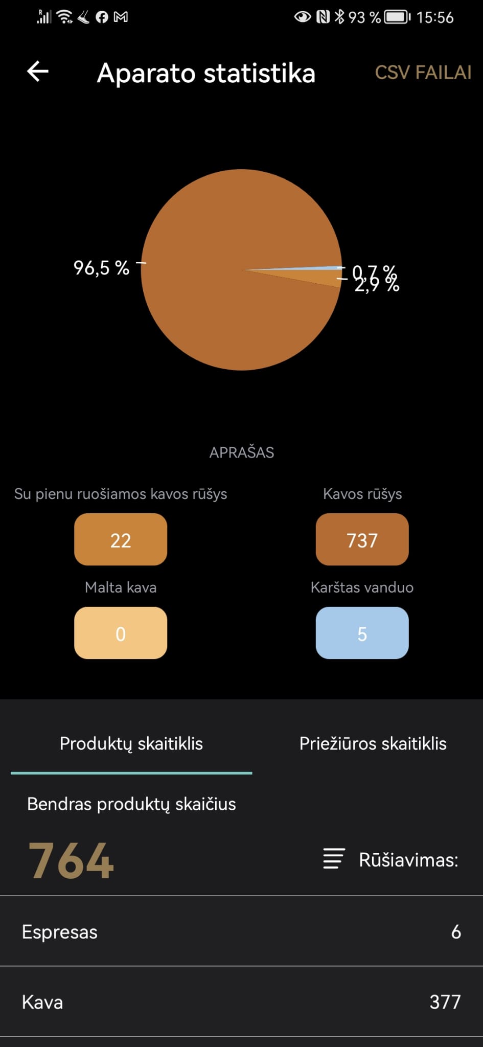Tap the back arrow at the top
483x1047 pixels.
(x=38, y=72)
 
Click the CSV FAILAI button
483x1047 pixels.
(x=423, y=73)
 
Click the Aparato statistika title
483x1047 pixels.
(x=206, y=73)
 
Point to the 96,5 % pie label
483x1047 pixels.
(x=101, y=268)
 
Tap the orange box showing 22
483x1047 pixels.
(x=121, y=540)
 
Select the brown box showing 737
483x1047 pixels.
(x=362, y=540)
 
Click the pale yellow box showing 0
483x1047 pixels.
(x=121, y=633)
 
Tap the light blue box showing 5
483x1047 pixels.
(x=362, y=633)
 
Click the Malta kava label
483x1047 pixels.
(x=121, y=587)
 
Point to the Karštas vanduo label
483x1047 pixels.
(x=362, y=587)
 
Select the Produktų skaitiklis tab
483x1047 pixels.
(x=131, y=744)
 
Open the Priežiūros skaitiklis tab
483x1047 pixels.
(x=373, y=744)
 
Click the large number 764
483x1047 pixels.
(x=71, y=861)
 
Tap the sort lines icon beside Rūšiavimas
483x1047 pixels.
(x=334, y=859)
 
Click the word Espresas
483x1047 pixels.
(x=60, y=932)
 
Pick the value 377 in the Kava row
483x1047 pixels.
(x=445, y=1003)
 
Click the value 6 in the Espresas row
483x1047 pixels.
(x=456, y=932)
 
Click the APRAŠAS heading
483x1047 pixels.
(x=242, y=452)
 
